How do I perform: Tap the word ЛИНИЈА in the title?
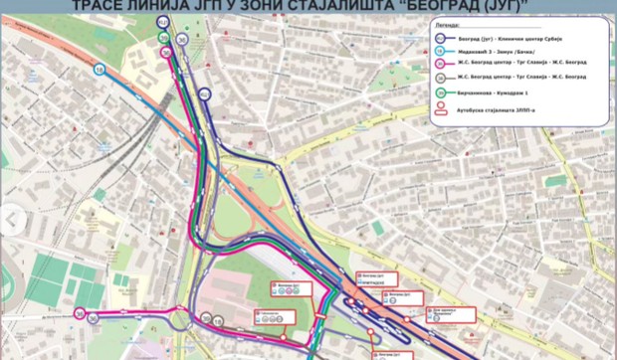172,6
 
